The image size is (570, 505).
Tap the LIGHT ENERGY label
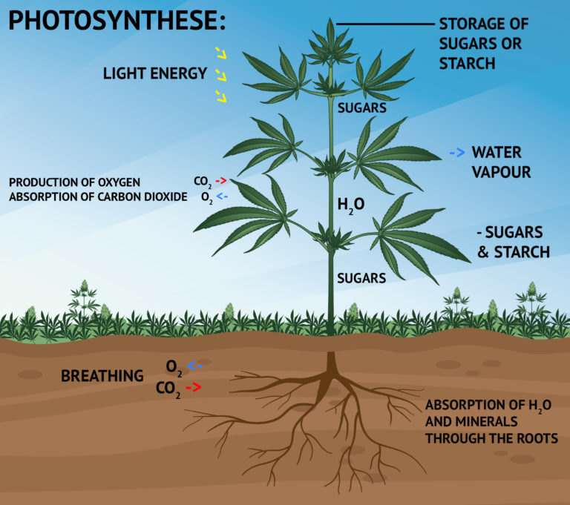coord(154,73)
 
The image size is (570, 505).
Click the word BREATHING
coord(102,376)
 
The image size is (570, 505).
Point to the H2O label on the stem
coord(350,202)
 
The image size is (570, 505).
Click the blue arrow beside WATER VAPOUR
coord(457,153)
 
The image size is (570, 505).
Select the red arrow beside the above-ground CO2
coord(220,180)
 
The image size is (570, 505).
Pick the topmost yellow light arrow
coord(220,52)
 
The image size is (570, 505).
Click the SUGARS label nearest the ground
coord(361,279)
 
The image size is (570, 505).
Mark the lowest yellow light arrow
coord(220,96)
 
